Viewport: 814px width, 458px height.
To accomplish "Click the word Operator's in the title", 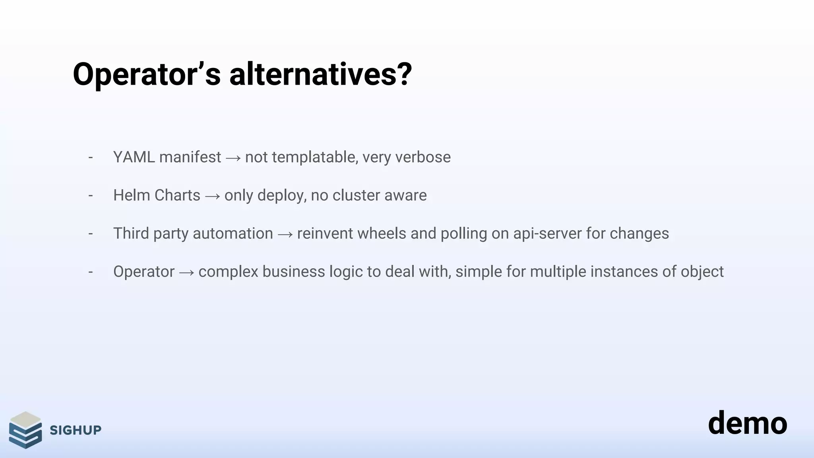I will click(146, 75).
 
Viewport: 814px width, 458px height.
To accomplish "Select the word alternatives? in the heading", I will click(320, 75).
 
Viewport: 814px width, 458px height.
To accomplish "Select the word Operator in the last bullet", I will click(144, 272).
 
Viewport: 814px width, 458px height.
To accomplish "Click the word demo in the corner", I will click(747, 423).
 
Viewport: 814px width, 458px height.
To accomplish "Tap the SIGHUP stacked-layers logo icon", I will click(25, 430).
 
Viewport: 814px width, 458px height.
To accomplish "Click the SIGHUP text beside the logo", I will click(76, 430).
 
